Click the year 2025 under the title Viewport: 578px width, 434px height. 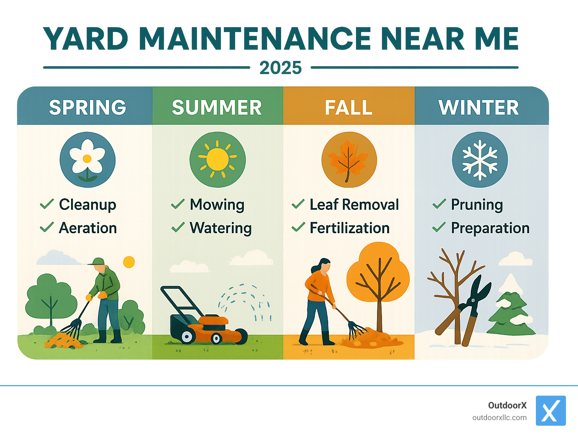[x=280, y=68]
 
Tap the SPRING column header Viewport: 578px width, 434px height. [x=87, y=108]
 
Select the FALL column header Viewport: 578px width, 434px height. [x=348, y=108]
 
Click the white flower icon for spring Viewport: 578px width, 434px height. [x=87, y=159]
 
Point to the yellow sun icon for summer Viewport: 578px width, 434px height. [x=218, y=159]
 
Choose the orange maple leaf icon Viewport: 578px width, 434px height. [x=348, y=160]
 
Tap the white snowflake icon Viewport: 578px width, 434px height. [x=480, y=159]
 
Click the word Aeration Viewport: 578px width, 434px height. [x=88, y=228]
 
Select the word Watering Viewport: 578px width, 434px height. [x=221, y=228]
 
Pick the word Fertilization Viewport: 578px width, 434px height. [x=349, y=228]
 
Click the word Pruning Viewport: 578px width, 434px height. [x=477, y=205]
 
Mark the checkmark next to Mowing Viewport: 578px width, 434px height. [x=178, y=204]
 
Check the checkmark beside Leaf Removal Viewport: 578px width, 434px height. [x=298, y=204]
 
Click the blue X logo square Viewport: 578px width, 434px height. [x=551, y=411]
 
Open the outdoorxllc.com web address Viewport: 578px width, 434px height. [x=499, y=418]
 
